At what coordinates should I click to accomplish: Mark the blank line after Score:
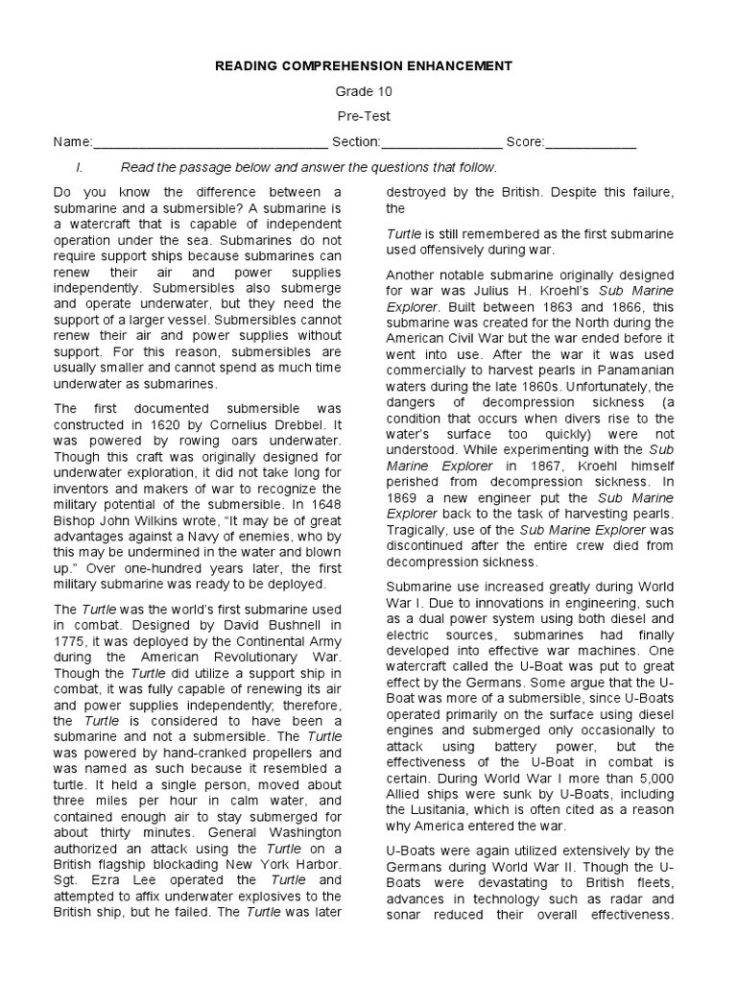pos(590,144)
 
